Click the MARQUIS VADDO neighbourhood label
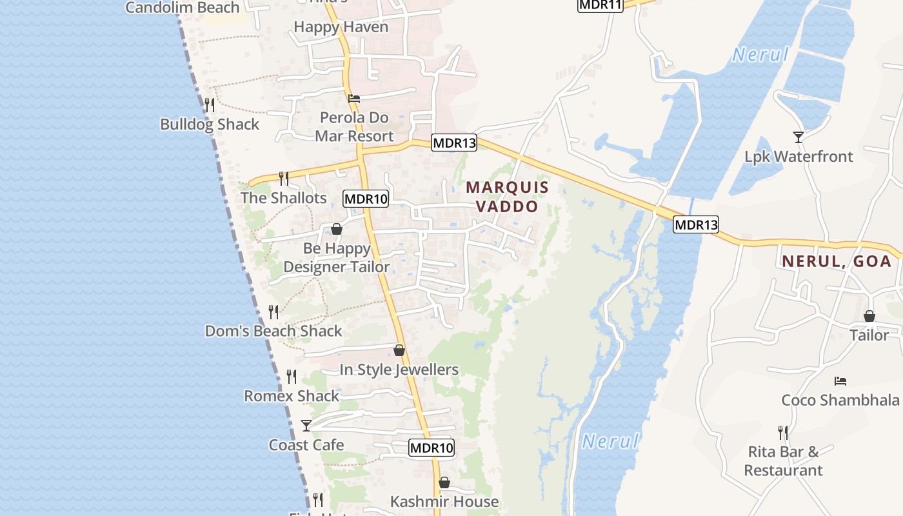pos(507,197)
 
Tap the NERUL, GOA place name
pos(837,261)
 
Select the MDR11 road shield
pos(600,5)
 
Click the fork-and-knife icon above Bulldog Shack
pos(210,104)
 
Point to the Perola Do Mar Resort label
pos(354,127)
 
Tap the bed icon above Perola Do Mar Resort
pos(354,99)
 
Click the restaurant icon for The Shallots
pos(283,178)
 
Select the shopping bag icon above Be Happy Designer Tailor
pos(336,229)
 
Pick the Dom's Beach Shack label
pos(273,331)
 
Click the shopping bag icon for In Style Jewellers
pos(399,350)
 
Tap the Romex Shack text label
pos(292,396)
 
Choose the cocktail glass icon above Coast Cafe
pos(306,426)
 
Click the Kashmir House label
pos(444,501)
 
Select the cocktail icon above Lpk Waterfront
pos(799,137)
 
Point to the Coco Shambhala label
pos(840,400)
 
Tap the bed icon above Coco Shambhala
pos(840,381)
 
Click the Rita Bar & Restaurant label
pos(784,461)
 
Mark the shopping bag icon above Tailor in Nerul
pos(869,316)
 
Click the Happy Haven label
pos(341,27)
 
